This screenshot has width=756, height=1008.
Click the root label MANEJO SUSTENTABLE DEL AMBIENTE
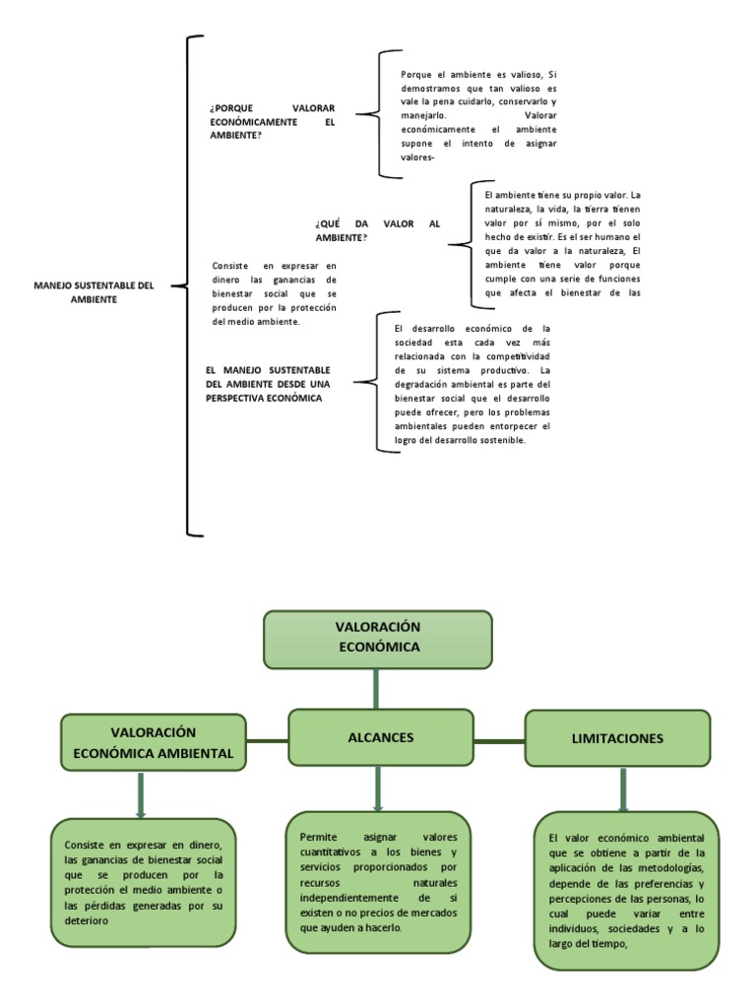pyautogui.click(x=94, y=292)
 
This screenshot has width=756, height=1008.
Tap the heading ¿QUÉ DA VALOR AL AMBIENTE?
pyautogui.click(x=377, y=230)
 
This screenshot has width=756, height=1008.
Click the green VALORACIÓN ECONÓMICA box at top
pyautogui.click(x=377, y=638)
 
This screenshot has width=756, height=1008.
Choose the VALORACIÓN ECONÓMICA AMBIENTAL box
pyautogui.click(x=153, y=742)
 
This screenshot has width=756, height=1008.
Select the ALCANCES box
pyautogui.click(x=379, y=737)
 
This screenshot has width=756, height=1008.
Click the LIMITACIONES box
pyautogui.click(x=617, y=738)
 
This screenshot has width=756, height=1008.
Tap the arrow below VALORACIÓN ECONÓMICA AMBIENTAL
pyautogui.click(x=142, y=794)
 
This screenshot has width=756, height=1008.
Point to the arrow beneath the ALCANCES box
pyautogui.click(x=378, y=788)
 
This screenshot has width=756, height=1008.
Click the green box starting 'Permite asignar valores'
pyautogui.click(x=379, y=881)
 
